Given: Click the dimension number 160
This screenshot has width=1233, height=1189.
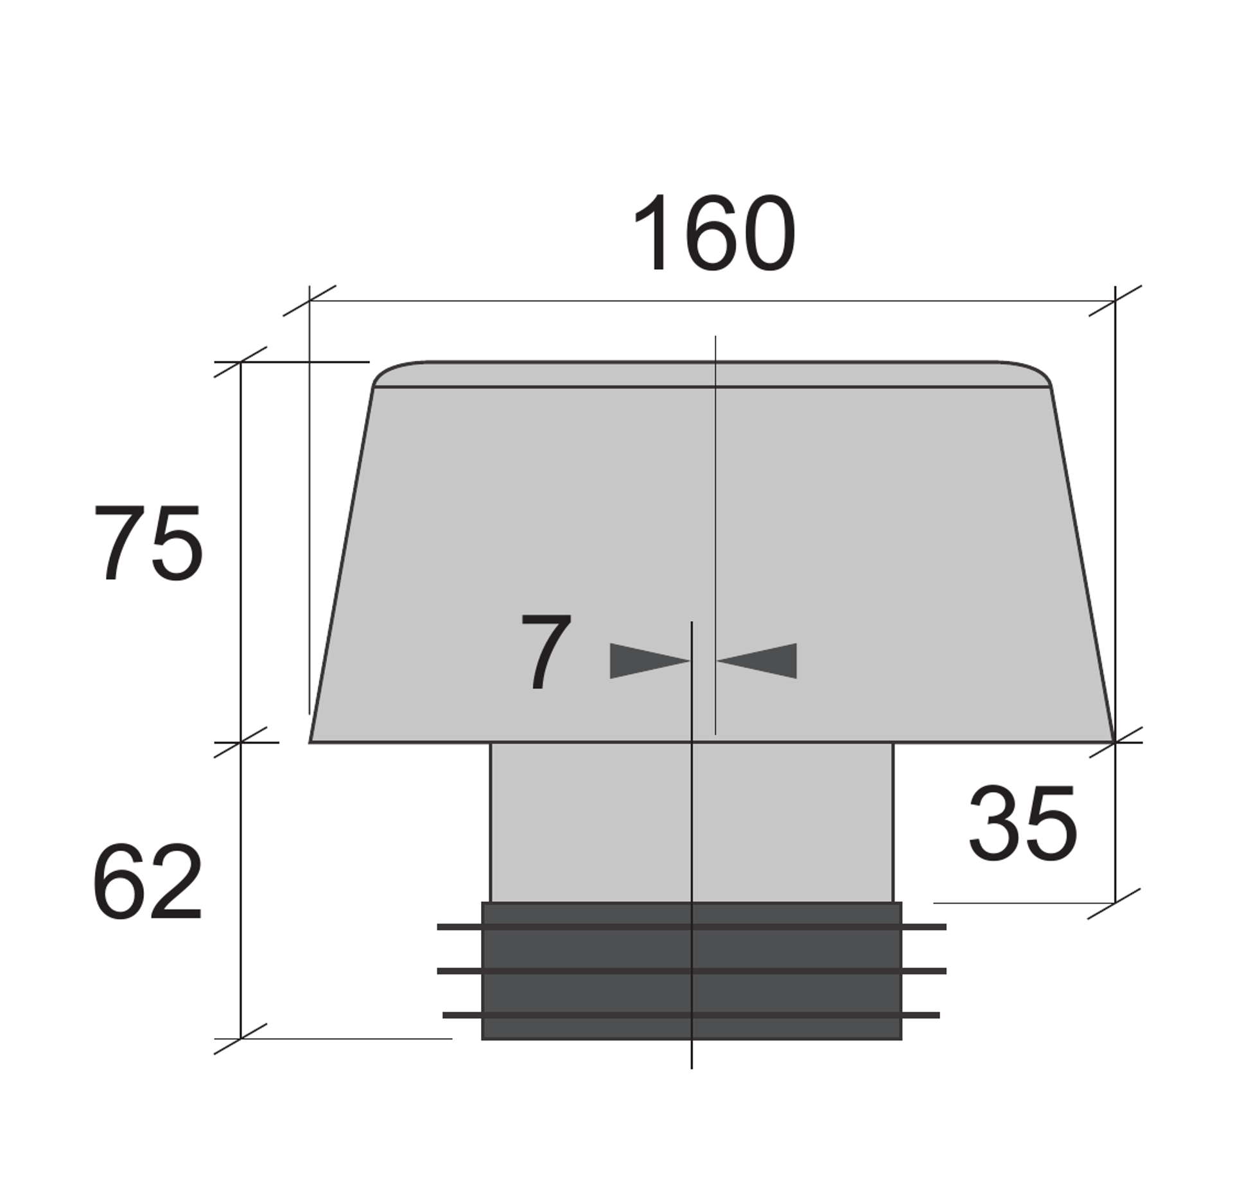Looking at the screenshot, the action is [x=714, y=232].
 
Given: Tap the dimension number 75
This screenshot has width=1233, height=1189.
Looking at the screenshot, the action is [x=148, y=543].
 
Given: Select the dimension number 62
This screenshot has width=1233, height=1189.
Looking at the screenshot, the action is [x=148, y=881].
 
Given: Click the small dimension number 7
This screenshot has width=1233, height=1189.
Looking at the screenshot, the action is [x=545, y=651].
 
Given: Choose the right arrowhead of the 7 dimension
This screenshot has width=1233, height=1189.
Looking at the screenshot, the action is [x=756, y=660].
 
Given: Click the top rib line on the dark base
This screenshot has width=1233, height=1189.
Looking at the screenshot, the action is [x=692, y=927].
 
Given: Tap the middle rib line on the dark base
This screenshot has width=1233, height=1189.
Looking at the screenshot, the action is [x=692, y=971].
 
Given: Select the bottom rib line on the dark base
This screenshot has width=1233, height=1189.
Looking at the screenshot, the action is [x=691, y=1015].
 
